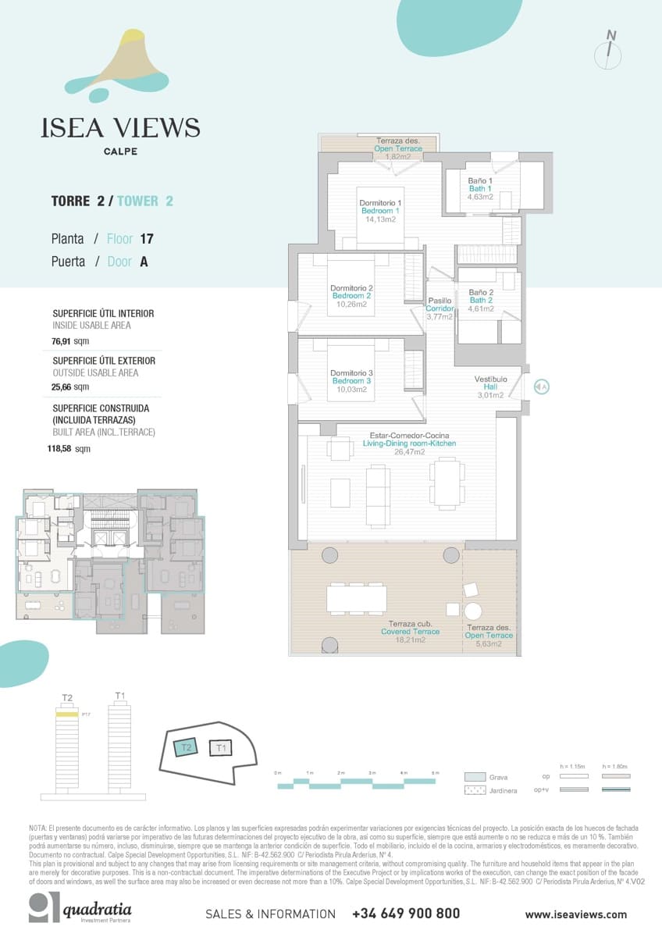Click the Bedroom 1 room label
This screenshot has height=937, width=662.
pyautogui.click(x=381, y=211)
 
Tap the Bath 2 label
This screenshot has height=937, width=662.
pyautogui.click(x=481, y=301)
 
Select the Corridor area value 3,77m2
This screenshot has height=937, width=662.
pyautogui.click(x=440, y=316)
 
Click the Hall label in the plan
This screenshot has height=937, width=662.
pyautogui.click(x=490, y=387)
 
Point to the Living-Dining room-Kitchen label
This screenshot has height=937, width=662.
pyautogui.click(x=409, y=444)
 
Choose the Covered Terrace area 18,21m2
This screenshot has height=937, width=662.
pyautogui.click(x=410, y=640)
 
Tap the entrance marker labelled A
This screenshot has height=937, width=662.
pyautogui.click(x=542, y=386)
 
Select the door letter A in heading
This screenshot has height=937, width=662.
pyautogui.click(x=144, y=262)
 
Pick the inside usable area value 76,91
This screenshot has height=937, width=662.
pyautogui.click(x=62, y=341)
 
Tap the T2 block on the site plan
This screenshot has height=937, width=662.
pyautogui.click(x=185, y=747)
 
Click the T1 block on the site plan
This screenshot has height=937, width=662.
pyautogui.click(x=221, y=748)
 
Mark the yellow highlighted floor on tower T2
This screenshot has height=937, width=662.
pyautogui.click(x=66, y=714)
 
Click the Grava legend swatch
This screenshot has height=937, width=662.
pyautogui.click(x=475, y=777)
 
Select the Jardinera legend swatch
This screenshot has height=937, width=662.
pyautogui.click(x=475, y=791)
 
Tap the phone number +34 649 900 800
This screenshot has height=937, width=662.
pyautogui.click(x=406, y=913)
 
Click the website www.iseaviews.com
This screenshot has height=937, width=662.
pyautogui.click(x=575, y=914)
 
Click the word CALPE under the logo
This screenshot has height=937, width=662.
pyautogui.click(x=120, y=151)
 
